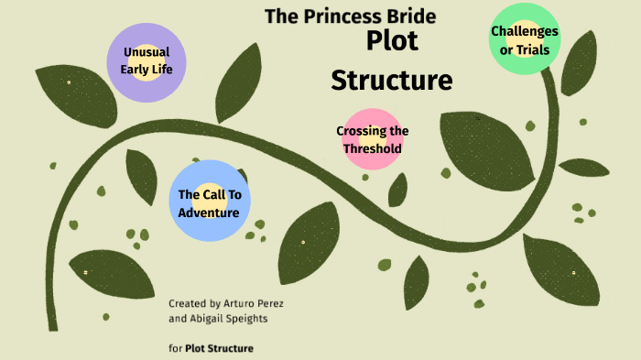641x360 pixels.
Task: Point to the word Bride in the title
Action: pos(415,16)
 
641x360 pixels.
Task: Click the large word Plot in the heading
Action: pos(392,41)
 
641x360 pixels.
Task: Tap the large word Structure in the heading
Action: pos(391,80)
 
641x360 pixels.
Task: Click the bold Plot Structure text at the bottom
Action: pos(219,348)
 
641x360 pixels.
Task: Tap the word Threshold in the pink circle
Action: pos(373,148)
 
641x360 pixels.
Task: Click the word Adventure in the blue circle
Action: pos(209,213)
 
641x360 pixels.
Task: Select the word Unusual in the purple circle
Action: pos(147,52)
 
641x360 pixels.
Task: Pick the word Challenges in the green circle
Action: pos(525,31)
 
